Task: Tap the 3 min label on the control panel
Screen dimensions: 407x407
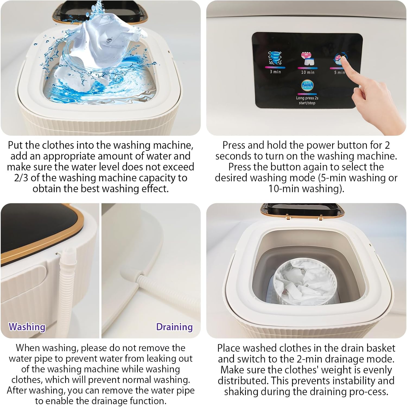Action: [275, 72]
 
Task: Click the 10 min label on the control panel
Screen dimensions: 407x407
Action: [308, 72]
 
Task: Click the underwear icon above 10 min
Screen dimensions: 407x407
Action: [307, 59]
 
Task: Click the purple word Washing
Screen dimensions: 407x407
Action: [27, 327]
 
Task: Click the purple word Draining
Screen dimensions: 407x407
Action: [174, 327]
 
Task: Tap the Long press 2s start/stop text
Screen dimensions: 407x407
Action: [307, 100]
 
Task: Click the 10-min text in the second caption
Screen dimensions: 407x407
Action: [284, 189]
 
